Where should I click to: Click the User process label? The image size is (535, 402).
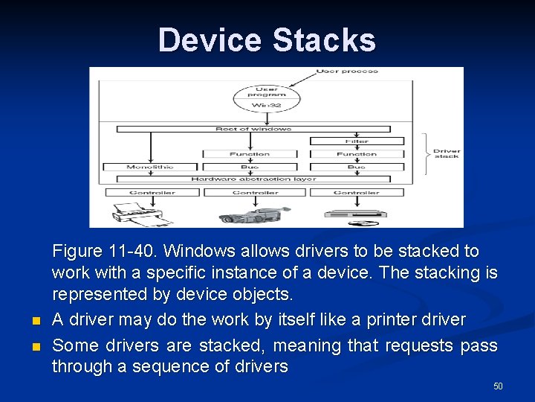tap(347, 71)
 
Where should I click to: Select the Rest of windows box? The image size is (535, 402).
tap(253, 130)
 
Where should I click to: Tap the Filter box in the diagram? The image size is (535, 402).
tap(357, 141)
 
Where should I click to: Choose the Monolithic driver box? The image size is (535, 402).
tap(150, 167)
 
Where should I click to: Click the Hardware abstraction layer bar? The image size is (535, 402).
tap(253, 179)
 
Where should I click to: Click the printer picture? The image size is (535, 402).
tap(141, 211)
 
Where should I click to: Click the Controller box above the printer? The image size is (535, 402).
tap(152, 192)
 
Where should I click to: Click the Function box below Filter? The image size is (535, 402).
tap(357, 154)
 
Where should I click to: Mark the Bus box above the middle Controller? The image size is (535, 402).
tap(250, 167)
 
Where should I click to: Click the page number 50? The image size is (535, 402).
tap(498, 386)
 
